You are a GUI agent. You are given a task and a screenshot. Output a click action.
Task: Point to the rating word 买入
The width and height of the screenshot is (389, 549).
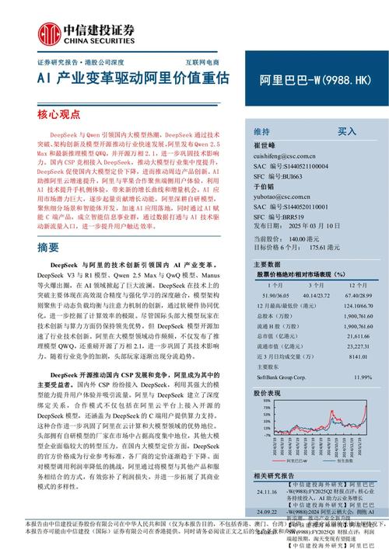(x=346, y=132)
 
